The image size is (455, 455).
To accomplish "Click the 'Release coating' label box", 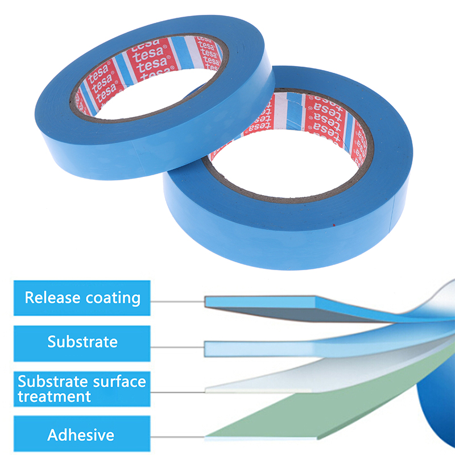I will click(x=82, y=297).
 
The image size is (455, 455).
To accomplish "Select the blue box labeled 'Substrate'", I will click(x=82, y=342).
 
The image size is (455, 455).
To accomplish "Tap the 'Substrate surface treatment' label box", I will click(x=82, y=388).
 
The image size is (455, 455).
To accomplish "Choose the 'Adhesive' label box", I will click(x=82, y=436).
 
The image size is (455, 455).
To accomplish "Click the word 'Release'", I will click(x=50, y=297).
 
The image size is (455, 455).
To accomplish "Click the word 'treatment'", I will click(x=54, y=396).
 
